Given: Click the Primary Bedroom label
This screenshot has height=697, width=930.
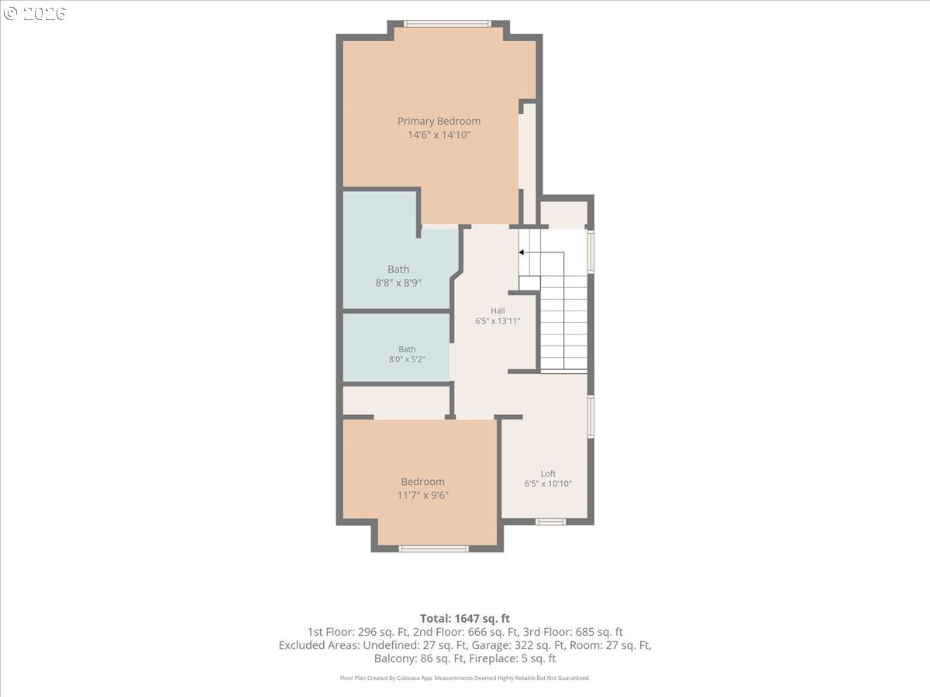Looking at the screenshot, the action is (439, 122).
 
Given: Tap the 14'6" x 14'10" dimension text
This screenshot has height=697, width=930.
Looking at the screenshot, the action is (439, 135).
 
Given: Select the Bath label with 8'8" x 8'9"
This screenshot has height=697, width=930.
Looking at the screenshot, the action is (398, 270).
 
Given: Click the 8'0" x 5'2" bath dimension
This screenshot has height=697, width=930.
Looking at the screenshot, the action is (407, 359).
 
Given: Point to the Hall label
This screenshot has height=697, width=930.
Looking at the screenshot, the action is (498, 311).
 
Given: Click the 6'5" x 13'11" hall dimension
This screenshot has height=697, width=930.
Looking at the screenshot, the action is (498, 321).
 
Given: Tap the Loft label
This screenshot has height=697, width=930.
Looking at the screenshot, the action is (548, 473).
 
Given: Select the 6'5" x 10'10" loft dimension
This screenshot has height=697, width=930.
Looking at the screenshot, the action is (548, 484).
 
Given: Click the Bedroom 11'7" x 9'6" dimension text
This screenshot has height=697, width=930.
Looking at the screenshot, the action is (422, 495).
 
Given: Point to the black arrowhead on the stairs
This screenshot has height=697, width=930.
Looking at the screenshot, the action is (522, 252).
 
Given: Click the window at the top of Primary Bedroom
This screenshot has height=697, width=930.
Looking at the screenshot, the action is (447, 24).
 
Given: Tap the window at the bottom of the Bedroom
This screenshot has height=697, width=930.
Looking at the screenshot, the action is (433, 549).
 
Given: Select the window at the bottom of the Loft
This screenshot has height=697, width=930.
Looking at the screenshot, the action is (550, 522).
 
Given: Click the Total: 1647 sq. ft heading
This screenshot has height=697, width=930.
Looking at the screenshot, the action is (465, 618).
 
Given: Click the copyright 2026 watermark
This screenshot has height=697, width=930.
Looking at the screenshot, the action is (34, 13).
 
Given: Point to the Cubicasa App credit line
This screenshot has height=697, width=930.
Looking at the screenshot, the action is (465, 678).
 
